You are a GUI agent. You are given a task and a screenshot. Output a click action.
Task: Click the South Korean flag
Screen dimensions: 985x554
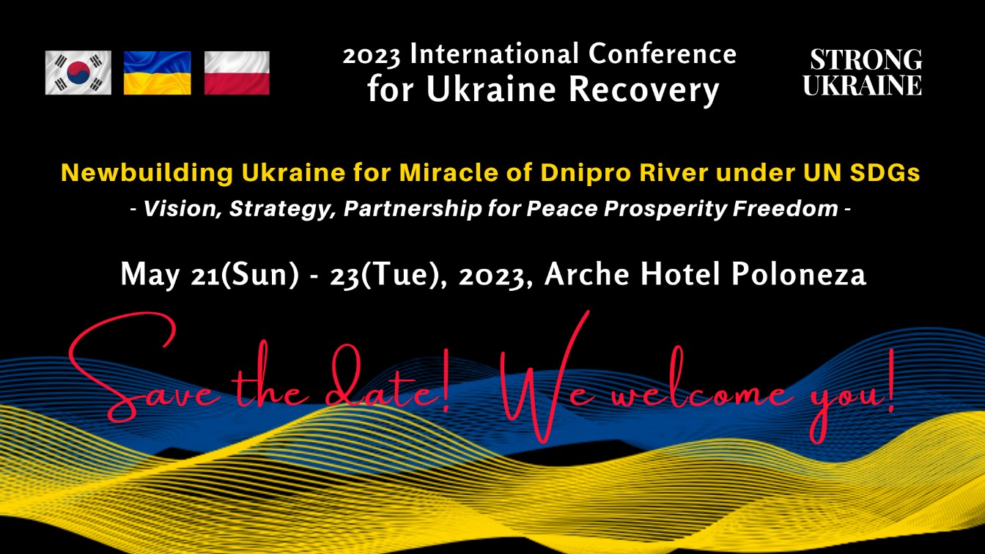[78, 73]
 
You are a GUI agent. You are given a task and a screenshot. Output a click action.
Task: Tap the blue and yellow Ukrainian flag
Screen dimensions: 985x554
[158, 73]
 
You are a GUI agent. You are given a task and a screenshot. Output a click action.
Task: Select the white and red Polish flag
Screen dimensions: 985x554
[237, 73]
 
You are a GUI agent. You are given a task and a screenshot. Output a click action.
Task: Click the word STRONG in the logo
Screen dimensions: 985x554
[866, 60]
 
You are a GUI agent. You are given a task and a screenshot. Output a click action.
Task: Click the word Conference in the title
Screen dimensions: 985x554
[663, 53]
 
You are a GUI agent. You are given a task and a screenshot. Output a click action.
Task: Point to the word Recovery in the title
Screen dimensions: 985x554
[644, 90]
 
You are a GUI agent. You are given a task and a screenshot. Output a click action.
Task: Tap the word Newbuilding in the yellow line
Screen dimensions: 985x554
[147, 173]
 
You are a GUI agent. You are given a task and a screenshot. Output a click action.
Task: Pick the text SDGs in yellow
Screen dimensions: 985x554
[885, 172]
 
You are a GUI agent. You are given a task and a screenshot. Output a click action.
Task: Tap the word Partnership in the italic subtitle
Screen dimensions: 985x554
[413, 209]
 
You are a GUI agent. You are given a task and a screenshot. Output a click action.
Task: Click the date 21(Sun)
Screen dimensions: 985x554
[245, 275]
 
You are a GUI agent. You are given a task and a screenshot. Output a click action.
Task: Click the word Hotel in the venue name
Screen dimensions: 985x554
[679, 273]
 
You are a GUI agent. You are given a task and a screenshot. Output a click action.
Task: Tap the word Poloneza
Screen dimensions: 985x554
[799, 273]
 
